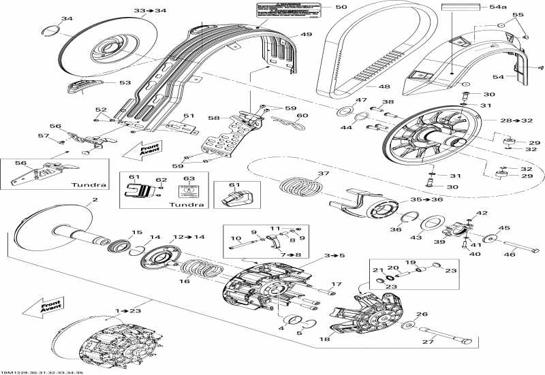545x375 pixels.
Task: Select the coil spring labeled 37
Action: pos(300,186)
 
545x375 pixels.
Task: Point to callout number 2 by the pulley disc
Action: pos(95,200)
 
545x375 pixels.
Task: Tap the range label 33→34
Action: pos(150,11)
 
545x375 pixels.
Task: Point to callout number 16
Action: pos(184,280)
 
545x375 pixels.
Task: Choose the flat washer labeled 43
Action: pos(431,224)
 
